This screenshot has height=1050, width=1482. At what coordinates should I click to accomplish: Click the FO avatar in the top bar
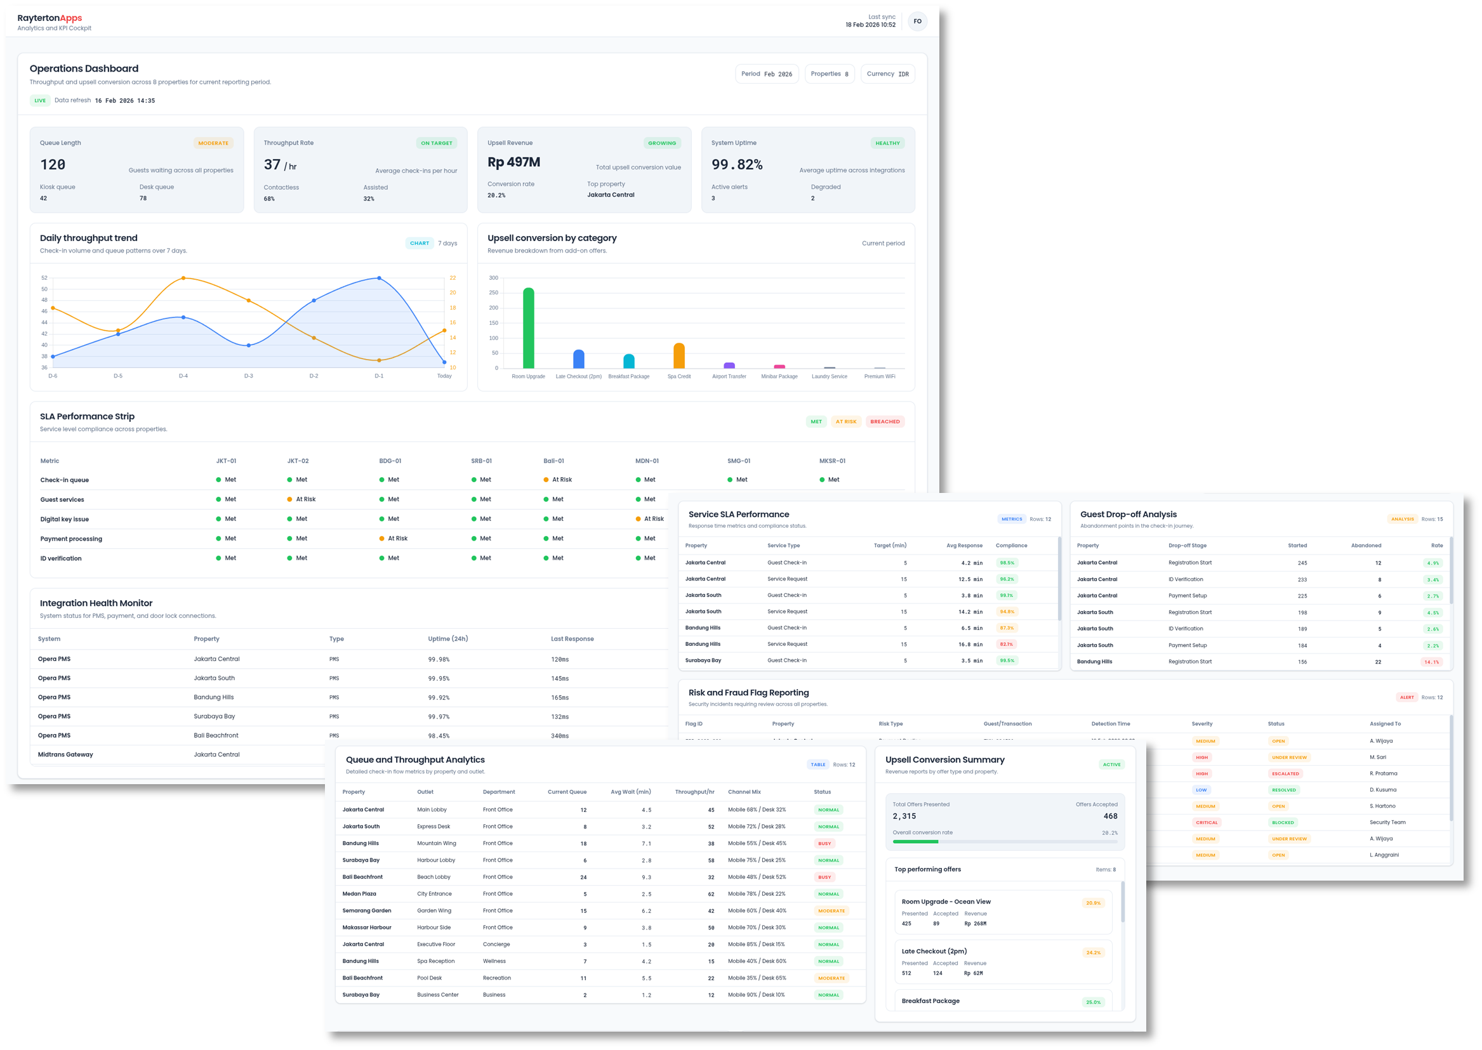tap(916, 22)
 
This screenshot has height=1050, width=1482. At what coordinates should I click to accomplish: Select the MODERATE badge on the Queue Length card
tap(213, 143)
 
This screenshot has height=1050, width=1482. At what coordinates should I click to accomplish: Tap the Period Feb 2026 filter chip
tap(767, 74)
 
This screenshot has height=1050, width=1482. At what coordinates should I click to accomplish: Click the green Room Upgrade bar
tap(529, 328)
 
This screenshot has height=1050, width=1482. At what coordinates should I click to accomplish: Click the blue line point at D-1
tap(379, 278)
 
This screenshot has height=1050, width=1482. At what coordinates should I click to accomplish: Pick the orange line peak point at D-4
tap(183, 278)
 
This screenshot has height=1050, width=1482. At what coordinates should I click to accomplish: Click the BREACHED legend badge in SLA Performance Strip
tap(884, 421)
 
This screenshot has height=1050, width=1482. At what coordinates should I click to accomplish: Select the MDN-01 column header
tap(647, 461)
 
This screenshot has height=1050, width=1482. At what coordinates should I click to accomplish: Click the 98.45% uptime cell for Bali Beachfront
tap(439, 736)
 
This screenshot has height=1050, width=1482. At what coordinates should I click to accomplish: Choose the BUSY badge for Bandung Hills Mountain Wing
tap(824, 843)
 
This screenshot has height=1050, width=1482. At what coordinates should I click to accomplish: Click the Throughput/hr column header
tap(694, 792)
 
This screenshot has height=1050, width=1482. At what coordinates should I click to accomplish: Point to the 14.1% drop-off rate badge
tap(1432, 662)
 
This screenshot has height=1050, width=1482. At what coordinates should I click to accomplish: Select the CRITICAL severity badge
tap(1207, 822)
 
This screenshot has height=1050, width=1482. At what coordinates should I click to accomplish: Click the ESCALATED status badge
tap(1285, 773)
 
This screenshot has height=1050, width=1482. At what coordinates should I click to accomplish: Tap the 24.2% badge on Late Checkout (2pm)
tap(1093, 952)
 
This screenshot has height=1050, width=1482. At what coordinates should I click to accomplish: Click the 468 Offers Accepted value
tap(1110, 816)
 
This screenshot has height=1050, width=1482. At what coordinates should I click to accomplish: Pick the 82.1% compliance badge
tap(1007, 644)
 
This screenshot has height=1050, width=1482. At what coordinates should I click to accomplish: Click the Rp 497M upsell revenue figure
tap(513, 162)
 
